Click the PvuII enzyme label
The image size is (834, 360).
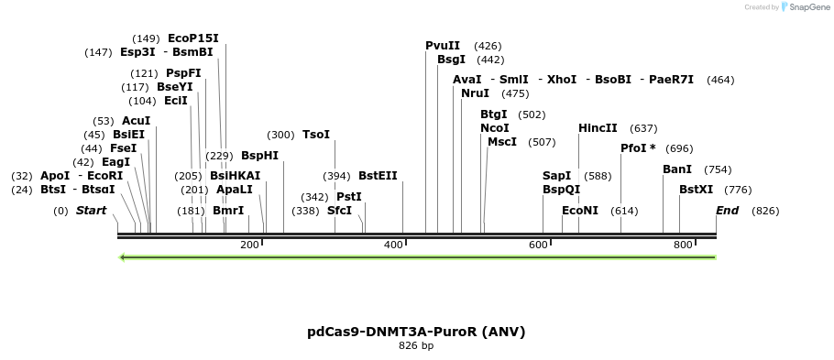pyautogui.click(x=443, y=46)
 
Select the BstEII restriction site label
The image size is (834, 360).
pyautogui.click(x=378, y=176)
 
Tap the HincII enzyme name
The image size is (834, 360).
pyautogui.click(x=598, y=128)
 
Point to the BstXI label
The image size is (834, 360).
pyautogui.click(x=696, y=190)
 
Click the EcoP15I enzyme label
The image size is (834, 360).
pyautogui.click(x=193, y=38)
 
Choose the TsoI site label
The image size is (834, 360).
pyautogui.click(x=316, y=135)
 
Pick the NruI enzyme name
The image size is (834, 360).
pyautogui.click(x=476, y=93)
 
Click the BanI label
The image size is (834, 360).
pyautogui.click(x=677, y=169)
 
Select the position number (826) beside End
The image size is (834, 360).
pyautogui.click(x=765, y=211)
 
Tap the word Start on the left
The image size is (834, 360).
pyautogui.click(x=91, y=211)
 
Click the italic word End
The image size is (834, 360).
pyautogui.click(x=727, y=211)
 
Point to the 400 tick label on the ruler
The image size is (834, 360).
pyautogui.click(x=394, y=245)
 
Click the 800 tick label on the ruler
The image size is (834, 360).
pyautogui.click(x=683, y=245)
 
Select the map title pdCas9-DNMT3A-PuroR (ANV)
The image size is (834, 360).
pyautogui.click(x=416, y=331)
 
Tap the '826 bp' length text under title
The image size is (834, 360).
pyautogui.click(x=416, y=346)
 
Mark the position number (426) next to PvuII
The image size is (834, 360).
pyautogui.click(x=488, y=46)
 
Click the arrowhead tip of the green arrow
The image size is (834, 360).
pyautogui.click(x=122, y=257)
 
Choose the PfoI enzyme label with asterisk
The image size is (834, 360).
pyautogui.click(x=638, y=148)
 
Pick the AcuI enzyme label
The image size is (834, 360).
pyautogui.click(x=136, y=121)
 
